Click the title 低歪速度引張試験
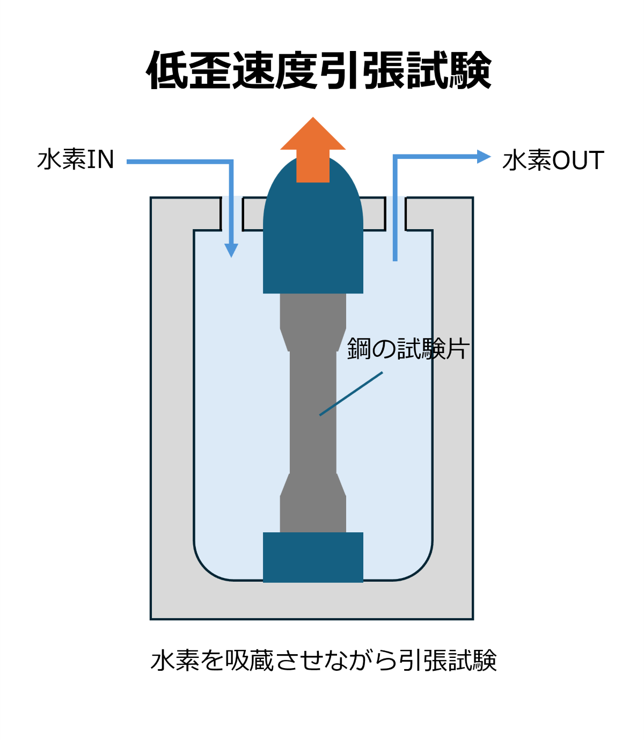point(319,71)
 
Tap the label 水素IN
point(76,160)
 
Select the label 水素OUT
point(553,160)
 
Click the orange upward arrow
point(313,148)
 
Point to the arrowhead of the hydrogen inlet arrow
point(231,250)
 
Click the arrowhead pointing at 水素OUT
point(484,157)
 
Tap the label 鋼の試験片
point(408,349)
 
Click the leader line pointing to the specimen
point(352,393)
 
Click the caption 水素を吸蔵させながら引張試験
point(324,660)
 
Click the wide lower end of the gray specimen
point(313,512)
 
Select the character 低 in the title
point(167,71)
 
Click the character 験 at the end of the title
point(471,71)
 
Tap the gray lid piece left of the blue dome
point(253,214)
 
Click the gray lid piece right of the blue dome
point(374,214)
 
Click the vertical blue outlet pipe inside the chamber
point(395,225)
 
